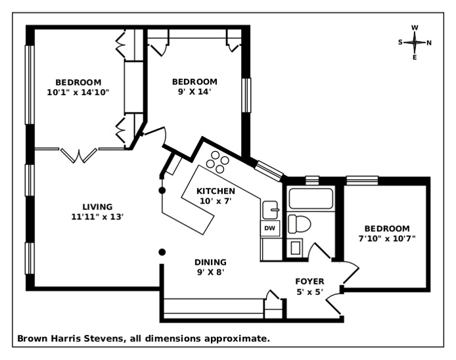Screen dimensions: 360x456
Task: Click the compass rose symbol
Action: coord(415,42)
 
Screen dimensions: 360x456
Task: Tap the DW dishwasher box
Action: coord(269,228)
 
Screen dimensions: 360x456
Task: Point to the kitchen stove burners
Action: coord(217,160)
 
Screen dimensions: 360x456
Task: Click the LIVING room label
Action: coord(97,206)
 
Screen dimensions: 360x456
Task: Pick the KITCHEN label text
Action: coord(216,191)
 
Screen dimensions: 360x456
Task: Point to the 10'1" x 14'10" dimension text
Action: coord(78,92)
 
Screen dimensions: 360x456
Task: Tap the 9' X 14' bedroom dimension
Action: coord(194,91)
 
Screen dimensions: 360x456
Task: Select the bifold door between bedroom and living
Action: coord(80,154)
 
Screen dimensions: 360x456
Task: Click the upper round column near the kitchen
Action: coord(162,190)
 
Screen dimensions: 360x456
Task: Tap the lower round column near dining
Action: coord(162,252)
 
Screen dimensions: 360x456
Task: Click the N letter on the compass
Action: coord(429,43)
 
